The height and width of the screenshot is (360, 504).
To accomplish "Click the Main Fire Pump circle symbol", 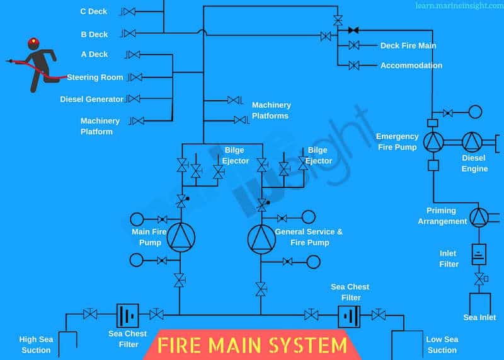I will point(180,237).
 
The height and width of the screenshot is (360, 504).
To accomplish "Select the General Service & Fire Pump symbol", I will point(261,237).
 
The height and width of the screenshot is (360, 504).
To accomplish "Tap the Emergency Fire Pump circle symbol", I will point(433,142).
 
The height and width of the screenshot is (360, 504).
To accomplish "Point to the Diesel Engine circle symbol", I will point(472,142).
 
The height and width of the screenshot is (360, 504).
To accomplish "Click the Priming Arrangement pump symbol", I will point(479,217).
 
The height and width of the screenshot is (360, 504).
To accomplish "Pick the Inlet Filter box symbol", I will point(479,254).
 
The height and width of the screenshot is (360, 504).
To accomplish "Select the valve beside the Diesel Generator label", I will point(133,99).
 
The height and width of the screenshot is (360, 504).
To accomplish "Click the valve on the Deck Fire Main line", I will point(353,45).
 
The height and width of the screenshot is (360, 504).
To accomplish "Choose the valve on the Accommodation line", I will point(353,66).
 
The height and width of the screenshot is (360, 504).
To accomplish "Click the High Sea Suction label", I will point(37,344).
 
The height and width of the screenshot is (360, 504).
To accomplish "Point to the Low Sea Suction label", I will point(442,345).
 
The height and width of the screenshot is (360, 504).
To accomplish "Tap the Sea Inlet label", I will point(479,317).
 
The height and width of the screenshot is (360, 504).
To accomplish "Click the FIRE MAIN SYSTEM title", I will point(252,345).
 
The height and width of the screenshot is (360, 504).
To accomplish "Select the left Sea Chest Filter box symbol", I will point(128,315).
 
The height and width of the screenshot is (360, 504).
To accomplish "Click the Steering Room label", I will point(95,78).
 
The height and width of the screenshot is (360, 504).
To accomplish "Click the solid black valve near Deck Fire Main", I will point(354,30).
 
